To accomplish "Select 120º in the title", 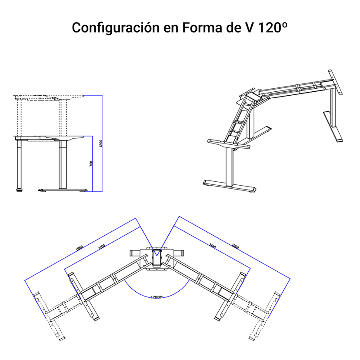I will (273, 28).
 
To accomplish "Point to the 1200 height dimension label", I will (100, 143).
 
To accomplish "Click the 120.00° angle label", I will (157, 297).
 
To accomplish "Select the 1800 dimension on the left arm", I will (79, 248).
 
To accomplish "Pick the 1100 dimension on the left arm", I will (102, 247).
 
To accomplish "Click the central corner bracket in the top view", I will (157, 258).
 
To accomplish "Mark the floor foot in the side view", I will (64, 190).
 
